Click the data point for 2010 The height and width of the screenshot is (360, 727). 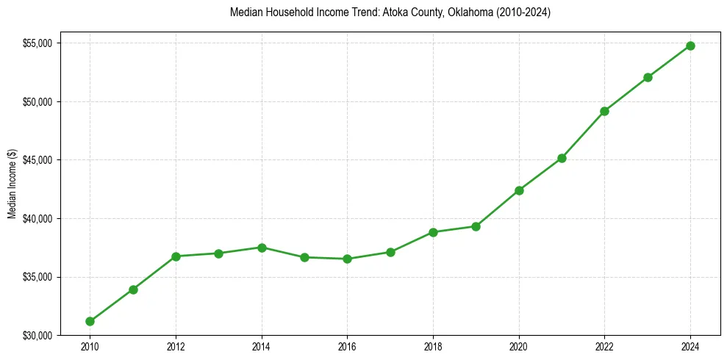coord(90,321)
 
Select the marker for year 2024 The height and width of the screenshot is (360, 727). coord(690,46)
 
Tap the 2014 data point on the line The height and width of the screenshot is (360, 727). coord(262,248)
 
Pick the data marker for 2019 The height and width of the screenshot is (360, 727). coord(476,226)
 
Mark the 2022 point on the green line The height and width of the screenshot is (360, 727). coord(604,111)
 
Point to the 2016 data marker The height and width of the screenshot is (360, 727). coord(347,259)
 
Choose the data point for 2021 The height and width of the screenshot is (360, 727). coord(562,158)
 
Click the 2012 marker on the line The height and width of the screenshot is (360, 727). coord(176,256)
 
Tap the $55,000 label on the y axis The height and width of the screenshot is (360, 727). coord(37,43)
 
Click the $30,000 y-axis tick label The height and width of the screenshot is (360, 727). coord(37,336)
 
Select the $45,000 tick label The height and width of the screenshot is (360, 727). coord(37,160)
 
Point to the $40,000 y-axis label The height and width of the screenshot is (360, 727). coord(37,218)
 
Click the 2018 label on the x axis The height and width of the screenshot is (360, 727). coord(433,346)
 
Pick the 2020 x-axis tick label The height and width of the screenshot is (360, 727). coord(519,346)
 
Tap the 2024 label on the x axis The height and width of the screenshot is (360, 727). coord(690,346)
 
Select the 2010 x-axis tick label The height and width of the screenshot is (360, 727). coord(90,346)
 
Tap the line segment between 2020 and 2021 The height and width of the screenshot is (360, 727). coord(540,174)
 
